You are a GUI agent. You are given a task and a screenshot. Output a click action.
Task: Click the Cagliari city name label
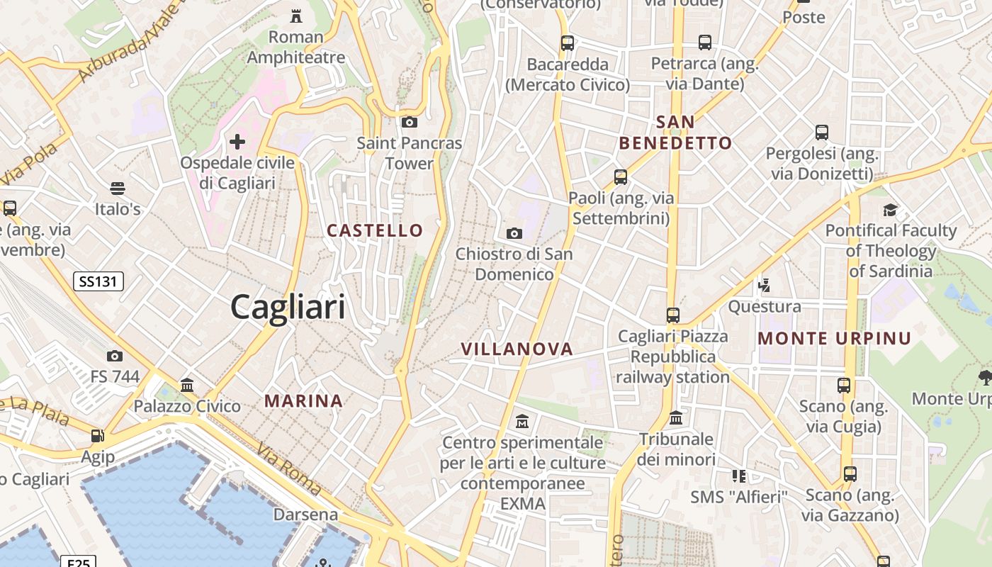(288, 308)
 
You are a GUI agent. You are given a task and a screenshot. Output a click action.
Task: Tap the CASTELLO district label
(375, 230)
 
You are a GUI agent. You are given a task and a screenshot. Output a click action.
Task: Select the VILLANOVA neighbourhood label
(517, 349)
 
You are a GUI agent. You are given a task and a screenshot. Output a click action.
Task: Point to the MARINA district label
(303, 401)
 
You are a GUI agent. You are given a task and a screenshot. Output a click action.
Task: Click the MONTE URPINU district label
(834, 338)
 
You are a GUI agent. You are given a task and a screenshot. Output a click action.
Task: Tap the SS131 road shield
(98, 281)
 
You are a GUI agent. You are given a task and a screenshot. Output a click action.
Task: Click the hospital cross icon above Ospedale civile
(237, 142)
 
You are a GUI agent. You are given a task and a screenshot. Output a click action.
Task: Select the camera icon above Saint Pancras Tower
(409, 122)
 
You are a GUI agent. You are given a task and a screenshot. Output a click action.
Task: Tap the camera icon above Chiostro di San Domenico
(514, 233)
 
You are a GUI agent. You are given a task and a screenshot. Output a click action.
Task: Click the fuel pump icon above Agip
(98, 436)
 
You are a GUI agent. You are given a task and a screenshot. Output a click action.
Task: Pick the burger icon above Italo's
(118, 189)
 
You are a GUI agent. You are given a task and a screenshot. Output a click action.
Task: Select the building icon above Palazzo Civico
(187, 386)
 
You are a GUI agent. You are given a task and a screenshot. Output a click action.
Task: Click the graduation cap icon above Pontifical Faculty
(890, 210)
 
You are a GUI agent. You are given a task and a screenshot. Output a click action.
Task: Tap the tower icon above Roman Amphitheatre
(296, 16)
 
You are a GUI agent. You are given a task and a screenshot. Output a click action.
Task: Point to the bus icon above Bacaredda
(567, 43)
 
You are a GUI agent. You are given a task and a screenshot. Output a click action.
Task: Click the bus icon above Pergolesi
(821, 133)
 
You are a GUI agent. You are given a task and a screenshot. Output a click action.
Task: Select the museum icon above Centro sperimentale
(522, 422)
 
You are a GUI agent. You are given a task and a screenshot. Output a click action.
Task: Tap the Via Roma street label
(289, 468)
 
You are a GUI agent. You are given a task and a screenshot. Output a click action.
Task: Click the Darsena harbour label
(305, 514)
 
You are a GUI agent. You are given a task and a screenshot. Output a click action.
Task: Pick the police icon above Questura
(764, 286)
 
